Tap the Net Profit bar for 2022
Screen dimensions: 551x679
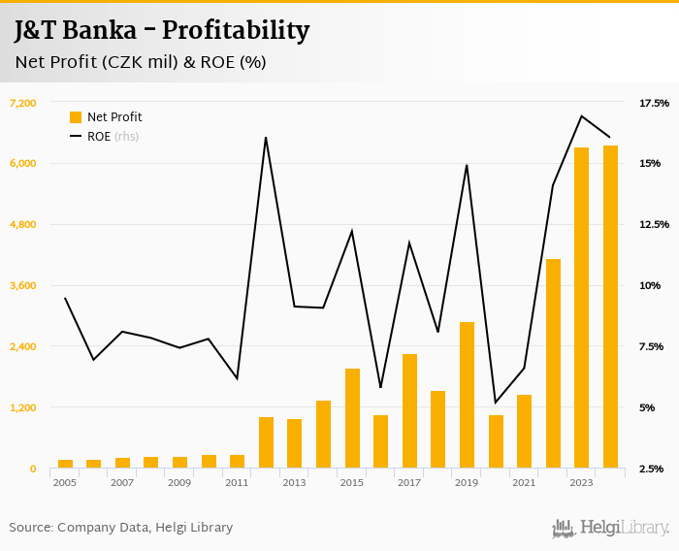tap(553, 364)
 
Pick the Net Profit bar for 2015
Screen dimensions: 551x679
tap(352, 418)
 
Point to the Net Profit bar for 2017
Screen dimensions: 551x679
tap(409, 411)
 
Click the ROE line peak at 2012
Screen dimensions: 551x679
tap(266, 138)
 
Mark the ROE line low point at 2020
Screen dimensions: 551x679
tap(496, 403)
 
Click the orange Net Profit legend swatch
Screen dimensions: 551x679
tap(76, 117)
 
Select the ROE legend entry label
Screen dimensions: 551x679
tap(99, 137)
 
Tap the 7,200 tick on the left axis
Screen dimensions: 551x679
tap(22, 103)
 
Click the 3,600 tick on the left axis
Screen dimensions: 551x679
tap(22, 285)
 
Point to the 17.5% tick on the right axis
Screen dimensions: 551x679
tap(654, 103)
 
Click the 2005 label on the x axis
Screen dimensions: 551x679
tap(65, 482)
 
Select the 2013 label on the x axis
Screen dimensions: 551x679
tap(295, 482)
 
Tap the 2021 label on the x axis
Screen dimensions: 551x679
tap(525, 482)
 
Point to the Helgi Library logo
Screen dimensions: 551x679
tap(611, 528)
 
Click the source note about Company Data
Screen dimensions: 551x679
tap(121, 528)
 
